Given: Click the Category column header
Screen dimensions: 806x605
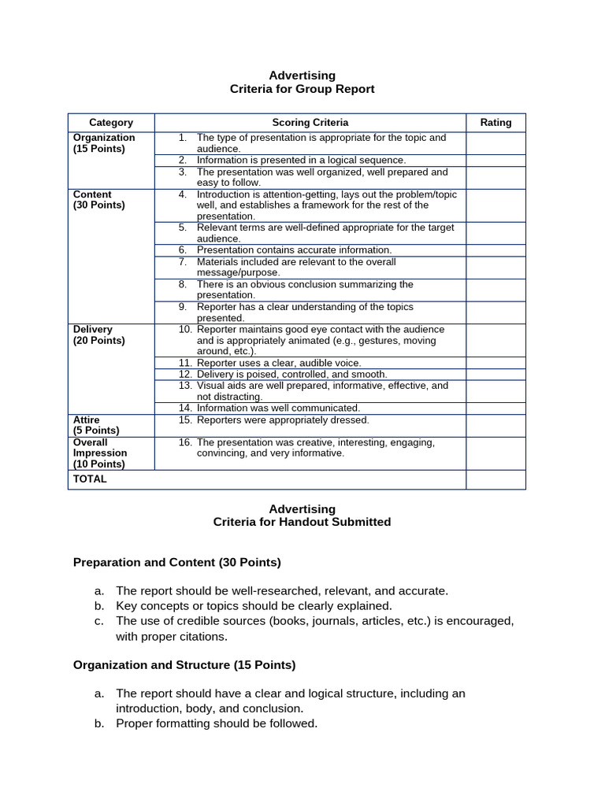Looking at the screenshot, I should [111, 123].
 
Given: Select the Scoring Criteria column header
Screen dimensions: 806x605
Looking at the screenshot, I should [310, 123].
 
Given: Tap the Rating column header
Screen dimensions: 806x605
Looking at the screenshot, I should [496, 123].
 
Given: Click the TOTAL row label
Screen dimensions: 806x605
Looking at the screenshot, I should [90, 479].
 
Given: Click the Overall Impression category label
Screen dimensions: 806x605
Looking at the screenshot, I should [100, 453].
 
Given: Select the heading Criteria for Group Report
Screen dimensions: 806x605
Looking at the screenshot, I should [302, 89].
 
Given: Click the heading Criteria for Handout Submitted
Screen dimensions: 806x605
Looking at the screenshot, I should [302, 522].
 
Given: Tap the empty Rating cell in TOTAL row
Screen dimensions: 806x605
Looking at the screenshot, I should [496, 479].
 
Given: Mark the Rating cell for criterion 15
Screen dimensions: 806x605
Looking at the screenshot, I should [496, 425].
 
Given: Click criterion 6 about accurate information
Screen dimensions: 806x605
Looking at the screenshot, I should [294, 250].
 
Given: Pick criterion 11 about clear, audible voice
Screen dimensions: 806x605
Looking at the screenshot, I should [279, 363].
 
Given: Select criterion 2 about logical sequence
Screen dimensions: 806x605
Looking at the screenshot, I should [301, 160].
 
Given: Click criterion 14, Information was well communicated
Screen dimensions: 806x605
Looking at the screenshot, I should [278, 408].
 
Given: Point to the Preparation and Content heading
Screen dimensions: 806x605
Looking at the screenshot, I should [176, 563].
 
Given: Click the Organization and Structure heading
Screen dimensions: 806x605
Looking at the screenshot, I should [184, 665].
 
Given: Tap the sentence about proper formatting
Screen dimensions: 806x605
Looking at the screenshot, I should [216, 723].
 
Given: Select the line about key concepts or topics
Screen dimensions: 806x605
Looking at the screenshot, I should [253, 606].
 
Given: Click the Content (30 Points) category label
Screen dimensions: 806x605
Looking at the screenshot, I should [98, 200].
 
